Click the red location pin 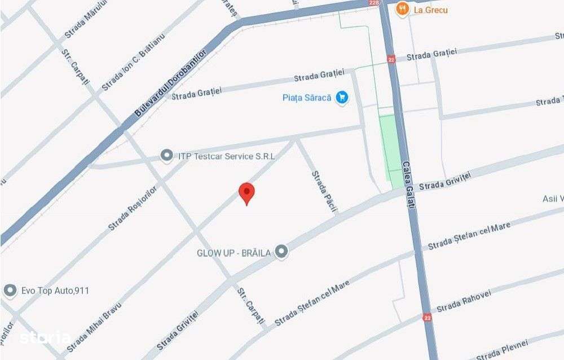click(246, 193)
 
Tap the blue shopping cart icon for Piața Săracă click(341, 98)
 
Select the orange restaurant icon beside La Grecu click(402, 9)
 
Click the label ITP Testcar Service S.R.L click(226, 156)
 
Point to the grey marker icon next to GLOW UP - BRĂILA click(281, 252)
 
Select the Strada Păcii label click(324, 192)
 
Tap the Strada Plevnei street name click(502, 349)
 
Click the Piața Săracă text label click(307, 98)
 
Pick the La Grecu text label click(430, 9)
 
